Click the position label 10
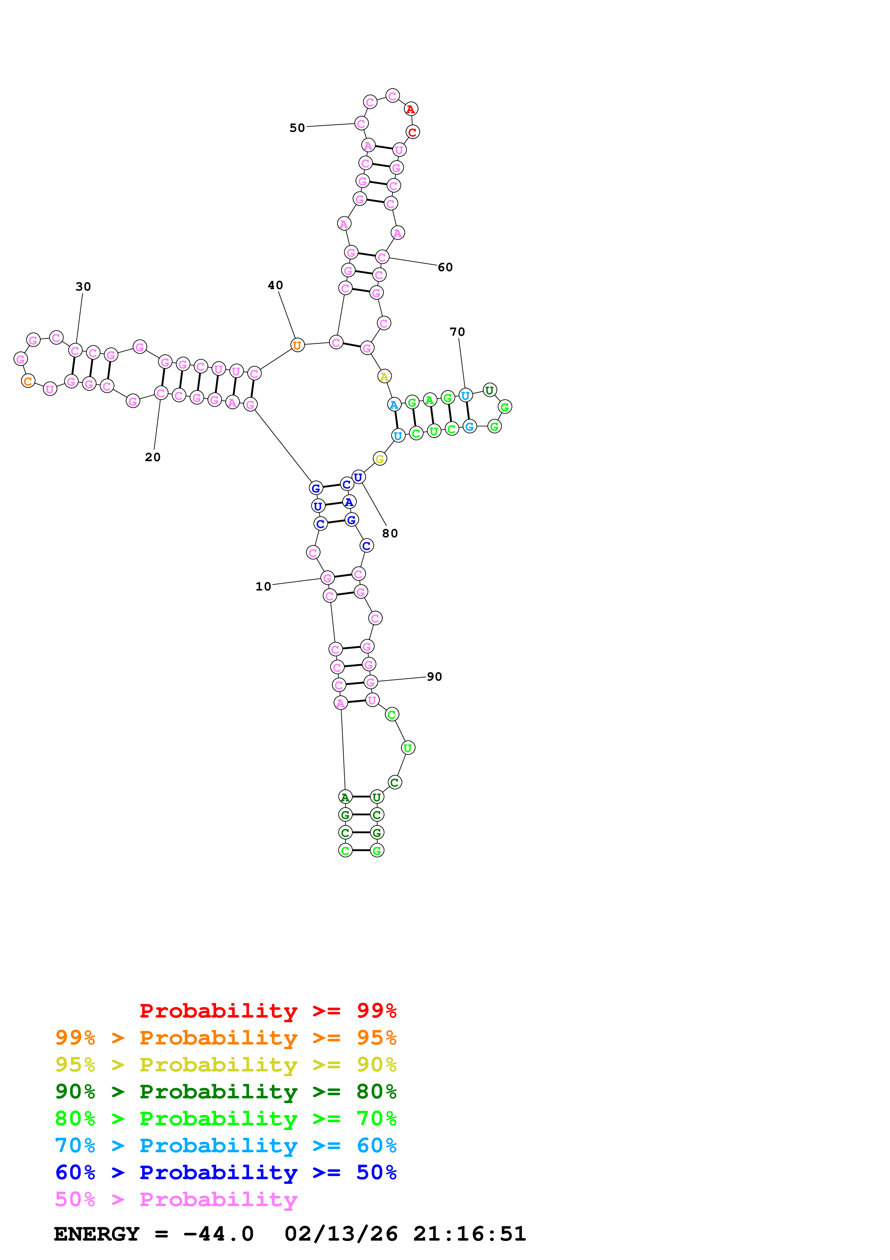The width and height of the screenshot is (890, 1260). [263, 587]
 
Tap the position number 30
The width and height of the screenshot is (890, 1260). [83, 287]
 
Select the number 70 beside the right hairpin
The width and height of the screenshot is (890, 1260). [457, 332]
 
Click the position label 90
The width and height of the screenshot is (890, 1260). [434, 677]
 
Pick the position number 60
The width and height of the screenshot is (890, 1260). [445, 267]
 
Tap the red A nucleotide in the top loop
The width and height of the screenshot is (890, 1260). [411, 109]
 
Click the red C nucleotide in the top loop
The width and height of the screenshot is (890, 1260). [413, 132]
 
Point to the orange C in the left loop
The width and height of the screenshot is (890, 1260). [28, 381]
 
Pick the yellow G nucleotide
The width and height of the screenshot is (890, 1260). [379, 459]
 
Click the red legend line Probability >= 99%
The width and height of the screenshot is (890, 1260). [267, 1011]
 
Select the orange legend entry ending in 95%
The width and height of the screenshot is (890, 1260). [225, 1038]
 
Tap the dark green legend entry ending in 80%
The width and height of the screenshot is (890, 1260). [225, 1092]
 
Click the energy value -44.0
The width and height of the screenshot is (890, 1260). [218, 1234]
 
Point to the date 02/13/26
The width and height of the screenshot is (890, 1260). [341, 1234]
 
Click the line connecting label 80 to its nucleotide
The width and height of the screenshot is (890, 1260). [374, 504]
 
